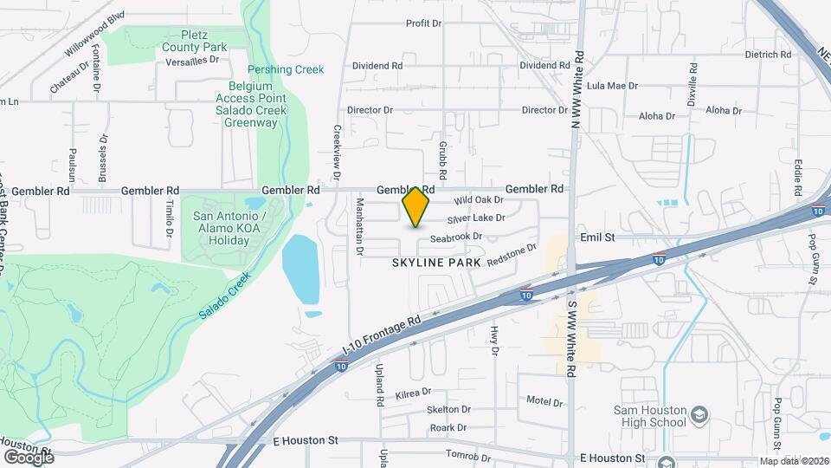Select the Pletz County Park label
click(x=194, y=41)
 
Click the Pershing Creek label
click(x=286, y=69)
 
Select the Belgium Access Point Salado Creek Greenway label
click(x=247, y=104)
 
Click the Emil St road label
click(x=597, y=236)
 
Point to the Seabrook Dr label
click(x=456, y=237)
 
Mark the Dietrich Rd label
click(x=768, y=54)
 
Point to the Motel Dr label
click(x=544, y=401)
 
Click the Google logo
click(x=29, y=457)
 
